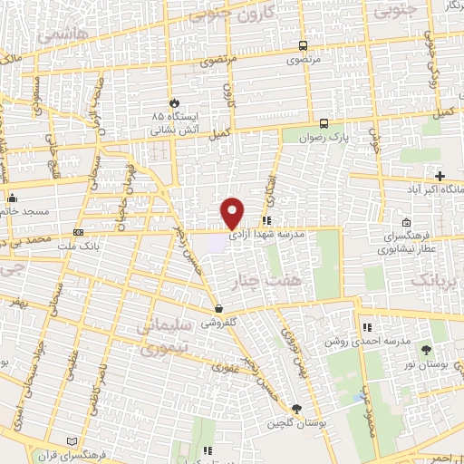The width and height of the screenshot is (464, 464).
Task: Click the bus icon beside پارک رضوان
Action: point(324,123)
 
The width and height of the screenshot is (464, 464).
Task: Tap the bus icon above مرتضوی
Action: point(301,46)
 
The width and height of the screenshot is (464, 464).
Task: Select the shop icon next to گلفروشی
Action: point(217,308)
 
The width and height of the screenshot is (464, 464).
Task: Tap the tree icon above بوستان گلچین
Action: point(296,410)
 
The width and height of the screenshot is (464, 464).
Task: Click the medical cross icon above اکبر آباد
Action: point(440,176)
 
